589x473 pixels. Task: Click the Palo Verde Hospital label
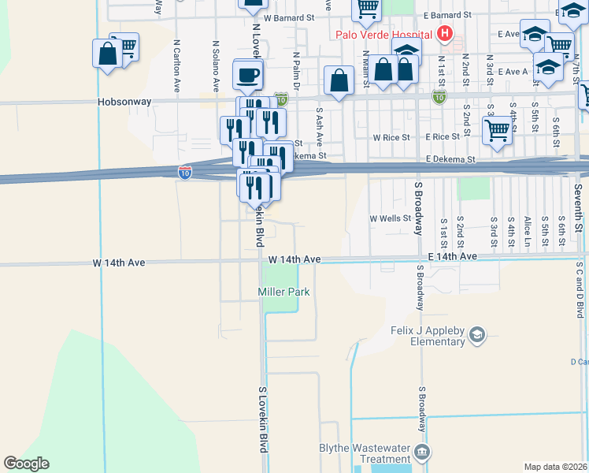(x=383, y=34)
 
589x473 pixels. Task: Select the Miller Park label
(x=283, y=292)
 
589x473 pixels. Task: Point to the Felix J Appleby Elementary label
(x=428, y=336)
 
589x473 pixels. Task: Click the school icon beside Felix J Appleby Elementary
(x=476, y=337)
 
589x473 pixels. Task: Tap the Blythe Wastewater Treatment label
(x=365, y=453)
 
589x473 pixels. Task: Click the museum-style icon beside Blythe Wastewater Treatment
(x=423, y=453)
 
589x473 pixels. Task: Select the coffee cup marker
(x=249, y=76)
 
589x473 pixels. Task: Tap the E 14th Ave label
(x=453, y=257)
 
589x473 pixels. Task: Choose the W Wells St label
(x=391, y=218)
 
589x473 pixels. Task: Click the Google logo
(x=26, y=464)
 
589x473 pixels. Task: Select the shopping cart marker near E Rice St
(x=498, y=130)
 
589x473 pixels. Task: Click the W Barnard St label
(x=289, y=17)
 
